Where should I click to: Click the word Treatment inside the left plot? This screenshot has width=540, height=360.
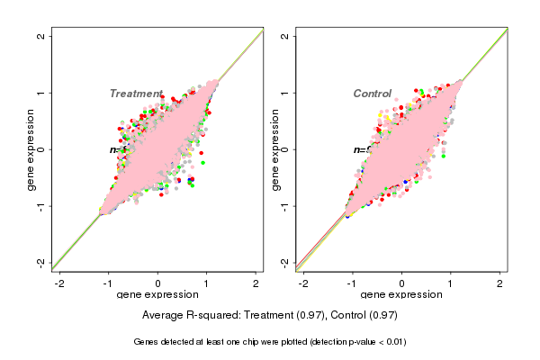136,94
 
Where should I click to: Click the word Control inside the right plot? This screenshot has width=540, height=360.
372,94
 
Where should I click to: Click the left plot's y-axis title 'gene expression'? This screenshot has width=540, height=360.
31,149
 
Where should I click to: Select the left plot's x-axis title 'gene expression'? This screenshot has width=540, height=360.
157,295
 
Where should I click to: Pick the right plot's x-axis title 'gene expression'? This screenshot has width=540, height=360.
401,295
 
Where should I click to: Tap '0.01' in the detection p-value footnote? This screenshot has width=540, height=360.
393,342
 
